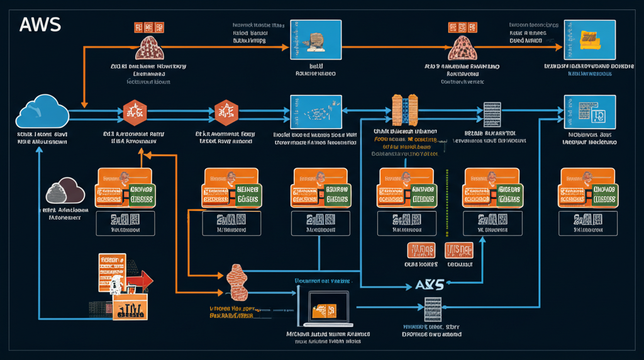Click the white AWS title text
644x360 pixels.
tap(40, 25)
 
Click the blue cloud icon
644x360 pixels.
tap(42, 112)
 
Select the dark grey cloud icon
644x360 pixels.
tap(65, 189)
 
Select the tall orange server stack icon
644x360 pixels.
tap(405, 110)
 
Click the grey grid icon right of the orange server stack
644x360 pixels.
tap(492, 115)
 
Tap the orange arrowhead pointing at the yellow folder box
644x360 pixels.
tap(559, 47)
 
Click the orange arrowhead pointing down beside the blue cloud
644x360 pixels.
tap(84, 104)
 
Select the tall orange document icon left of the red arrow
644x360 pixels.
tap(112, 272)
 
